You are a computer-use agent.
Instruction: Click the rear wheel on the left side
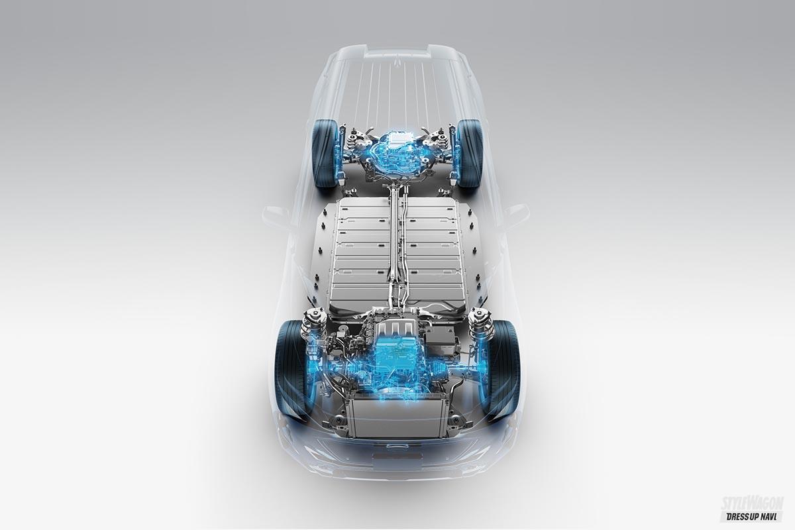(325, 154)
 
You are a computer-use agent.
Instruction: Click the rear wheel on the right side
(470, 154)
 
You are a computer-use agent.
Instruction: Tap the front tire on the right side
(503, 369)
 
